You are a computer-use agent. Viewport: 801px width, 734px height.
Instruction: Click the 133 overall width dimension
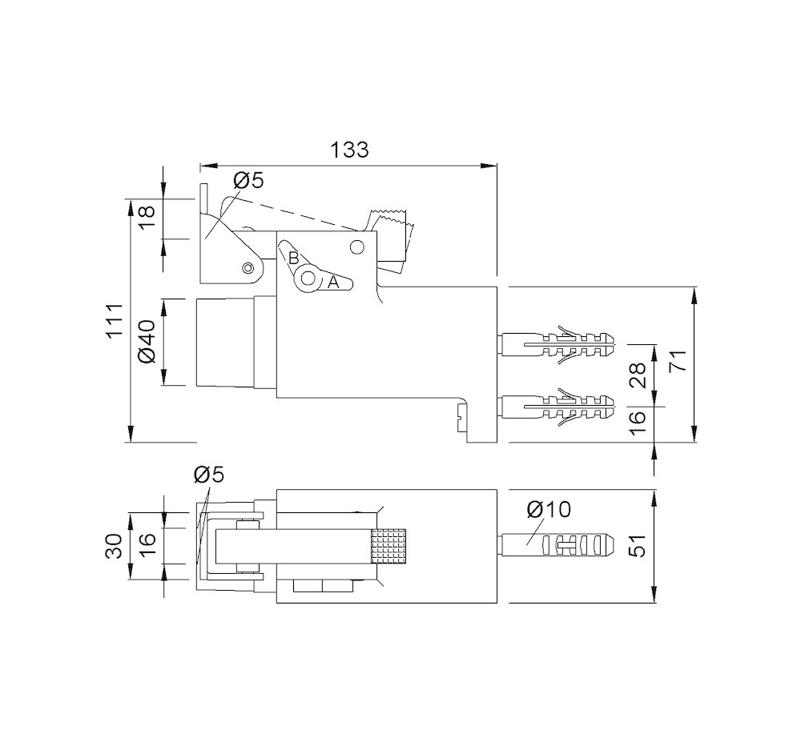click(349, 150)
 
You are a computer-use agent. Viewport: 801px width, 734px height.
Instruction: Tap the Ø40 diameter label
click(147, 343)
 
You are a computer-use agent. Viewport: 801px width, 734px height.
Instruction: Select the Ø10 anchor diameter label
click(548, 509)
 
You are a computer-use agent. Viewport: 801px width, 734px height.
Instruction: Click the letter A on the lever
click(334, 282)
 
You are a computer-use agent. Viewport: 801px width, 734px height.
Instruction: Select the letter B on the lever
click(293, 259)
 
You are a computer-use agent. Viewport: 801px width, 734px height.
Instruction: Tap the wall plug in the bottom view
click(557, 546)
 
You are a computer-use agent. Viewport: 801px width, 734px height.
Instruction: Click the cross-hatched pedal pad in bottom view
click(389, 547)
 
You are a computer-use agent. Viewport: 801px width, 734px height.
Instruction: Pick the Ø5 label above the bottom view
click(209, 475)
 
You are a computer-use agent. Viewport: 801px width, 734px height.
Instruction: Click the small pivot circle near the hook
click(248, 267)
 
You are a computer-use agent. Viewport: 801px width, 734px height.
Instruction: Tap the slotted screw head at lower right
click(459, 415)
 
